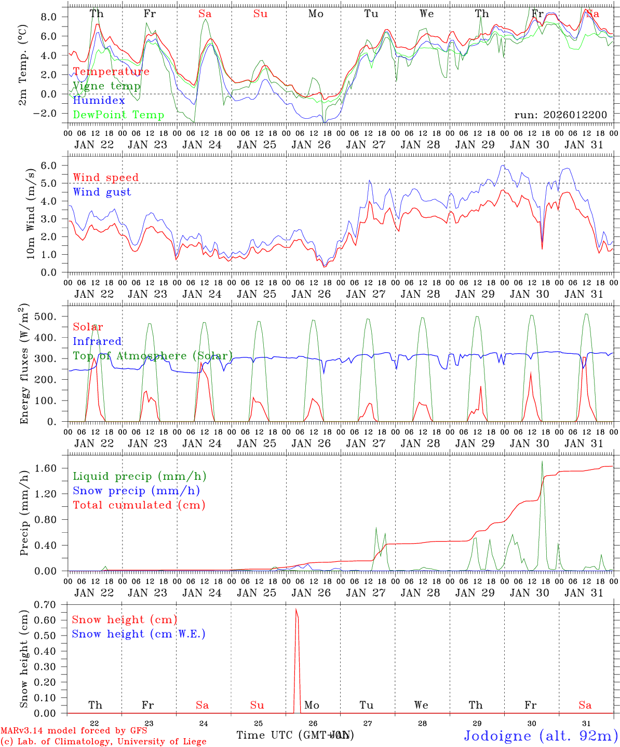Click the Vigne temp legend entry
106,86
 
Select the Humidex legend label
99,101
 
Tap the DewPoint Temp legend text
118,115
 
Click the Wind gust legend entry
102,192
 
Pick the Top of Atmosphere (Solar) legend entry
153,356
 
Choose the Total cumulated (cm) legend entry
139,505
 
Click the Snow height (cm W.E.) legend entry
138,634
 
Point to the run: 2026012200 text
560,115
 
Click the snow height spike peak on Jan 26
296,609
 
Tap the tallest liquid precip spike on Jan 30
542,462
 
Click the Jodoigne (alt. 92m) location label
541,736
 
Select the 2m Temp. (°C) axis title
23,71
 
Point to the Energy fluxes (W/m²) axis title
24,364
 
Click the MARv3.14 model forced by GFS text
74,730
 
